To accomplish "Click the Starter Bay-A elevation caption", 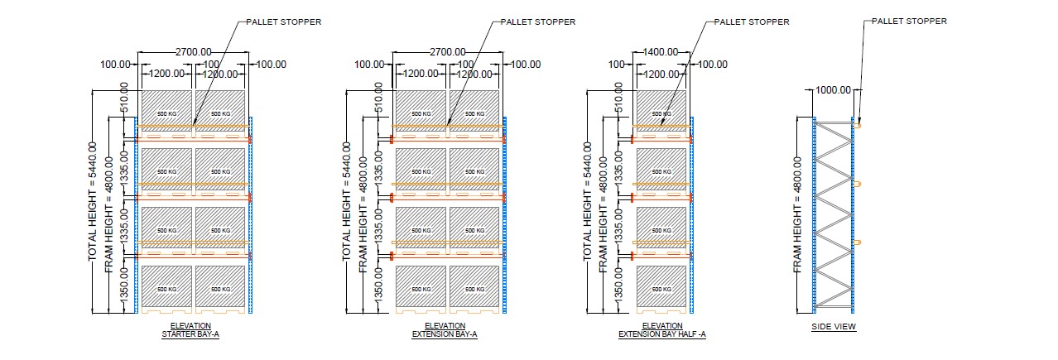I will pos(190,330).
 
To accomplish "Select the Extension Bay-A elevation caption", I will pos(445,330).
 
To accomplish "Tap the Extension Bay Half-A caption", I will pos(661,330).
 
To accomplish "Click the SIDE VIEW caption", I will pos(834,327).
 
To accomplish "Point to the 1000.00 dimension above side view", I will pos(834,89).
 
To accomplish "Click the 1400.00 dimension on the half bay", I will pos(662,52).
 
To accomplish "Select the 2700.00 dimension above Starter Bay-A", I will pos(193,52).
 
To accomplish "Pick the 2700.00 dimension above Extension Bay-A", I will pos(447,52).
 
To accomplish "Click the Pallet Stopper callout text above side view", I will pos(909,22).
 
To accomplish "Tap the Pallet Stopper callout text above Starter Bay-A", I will pos(284,22).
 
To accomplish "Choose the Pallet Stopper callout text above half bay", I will pos(752,22).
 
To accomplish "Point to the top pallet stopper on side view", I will pos(860,126).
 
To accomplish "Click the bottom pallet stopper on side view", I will pos(860,242).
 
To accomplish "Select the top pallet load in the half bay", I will pos(661,108).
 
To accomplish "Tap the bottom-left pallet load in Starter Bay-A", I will pos(167,286).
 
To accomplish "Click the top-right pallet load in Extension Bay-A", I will pos(474,108).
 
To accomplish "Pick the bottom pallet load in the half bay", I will pos(661,286).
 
